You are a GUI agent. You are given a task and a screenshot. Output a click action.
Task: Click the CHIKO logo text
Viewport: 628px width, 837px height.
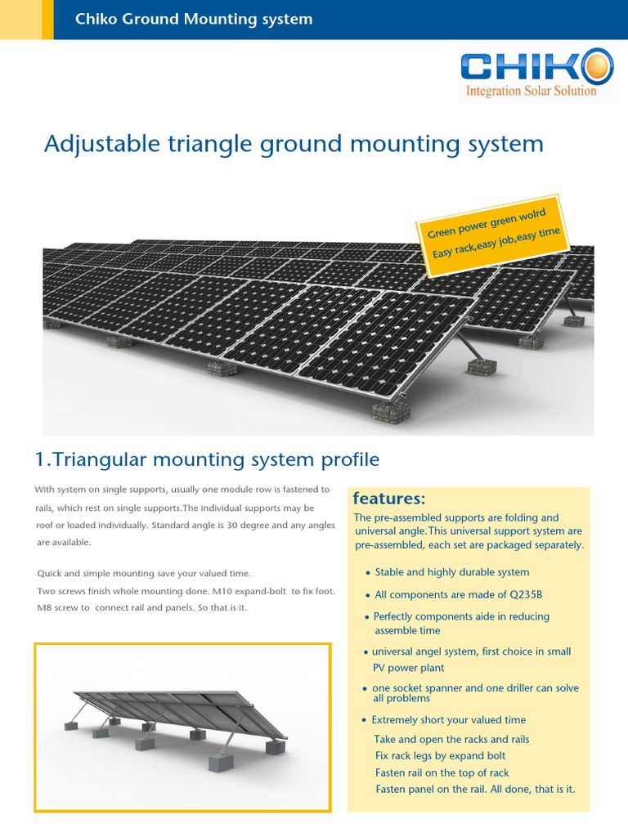point(523,66)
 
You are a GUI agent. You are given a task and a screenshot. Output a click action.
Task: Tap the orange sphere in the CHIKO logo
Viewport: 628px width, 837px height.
point(598,65)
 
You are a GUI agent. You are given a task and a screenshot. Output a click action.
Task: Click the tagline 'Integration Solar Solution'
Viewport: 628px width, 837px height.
point(531,91)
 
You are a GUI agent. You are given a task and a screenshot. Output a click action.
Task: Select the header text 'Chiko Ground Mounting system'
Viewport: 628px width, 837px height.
point(194,19)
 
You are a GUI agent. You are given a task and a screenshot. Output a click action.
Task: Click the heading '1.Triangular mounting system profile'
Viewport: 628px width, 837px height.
point(207,459)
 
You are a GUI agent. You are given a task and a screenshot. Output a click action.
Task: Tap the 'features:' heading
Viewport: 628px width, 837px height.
point(389,499)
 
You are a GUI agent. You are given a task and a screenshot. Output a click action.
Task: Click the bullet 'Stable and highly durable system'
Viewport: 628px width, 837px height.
point(451,572)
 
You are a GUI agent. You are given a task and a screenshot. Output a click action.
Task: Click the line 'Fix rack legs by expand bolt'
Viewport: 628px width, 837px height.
point(440,756)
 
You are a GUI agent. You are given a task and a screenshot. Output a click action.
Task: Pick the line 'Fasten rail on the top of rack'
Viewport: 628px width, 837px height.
point(442,772)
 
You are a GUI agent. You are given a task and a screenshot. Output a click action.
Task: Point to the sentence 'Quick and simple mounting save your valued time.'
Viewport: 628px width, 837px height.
point(144,574)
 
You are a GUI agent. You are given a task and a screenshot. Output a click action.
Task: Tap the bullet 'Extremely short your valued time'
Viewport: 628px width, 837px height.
point(448,720)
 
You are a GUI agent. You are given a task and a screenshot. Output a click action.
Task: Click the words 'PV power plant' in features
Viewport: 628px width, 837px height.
point(409,668)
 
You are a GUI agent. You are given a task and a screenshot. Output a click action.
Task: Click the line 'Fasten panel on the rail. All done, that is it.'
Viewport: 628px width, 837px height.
point(475,790)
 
